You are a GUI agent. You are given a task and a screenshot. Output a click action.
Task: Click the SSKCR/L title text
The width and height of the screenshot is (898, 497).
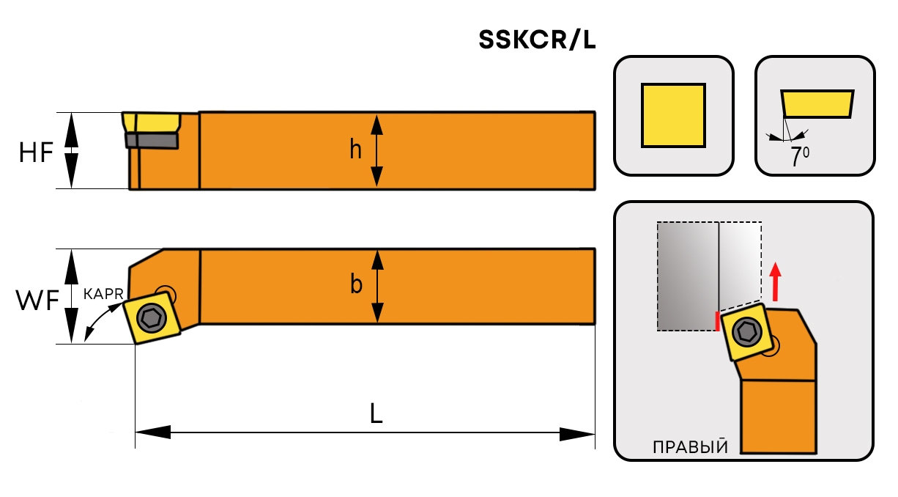pos(537,41)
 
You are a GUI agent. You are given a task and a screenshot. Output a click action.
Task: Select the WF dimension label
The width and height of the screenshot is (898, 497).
pos(37,301)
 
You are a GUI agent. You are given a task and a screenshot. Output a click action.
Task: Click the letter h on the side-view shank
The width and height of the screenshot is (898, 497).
pos(355,150)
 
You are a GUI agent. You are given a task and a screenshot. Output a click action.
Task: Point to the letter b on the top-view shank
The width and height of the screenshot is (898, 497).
pos(356,284)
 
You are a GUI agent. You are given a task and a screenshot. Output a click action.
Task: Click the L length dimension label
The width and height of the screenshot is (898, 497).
pos(375,415)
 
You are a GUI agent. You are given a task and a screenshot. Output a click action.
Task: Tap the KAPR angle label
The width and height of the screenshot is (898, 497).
pos(103,293)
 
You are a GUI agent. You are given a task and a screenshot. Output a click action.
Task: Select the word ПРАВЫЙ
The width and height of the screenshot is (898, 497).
pos(690,447)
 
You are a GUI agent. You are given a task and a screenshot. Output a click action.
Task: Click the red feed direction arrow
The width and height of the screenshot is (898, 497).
pos(776,281)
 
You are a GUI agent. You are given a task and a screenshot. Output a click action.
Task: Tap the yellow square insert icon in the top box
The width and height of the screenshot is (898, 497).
pos(673,115)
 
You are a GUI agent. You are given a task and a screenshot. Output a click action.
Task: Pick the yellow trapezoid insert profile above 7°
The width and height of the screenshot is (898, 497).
pos(817,104)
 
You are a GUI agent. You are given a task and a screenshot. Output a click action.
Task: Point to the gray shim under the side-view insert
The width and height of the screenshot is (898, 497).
pos(152,140)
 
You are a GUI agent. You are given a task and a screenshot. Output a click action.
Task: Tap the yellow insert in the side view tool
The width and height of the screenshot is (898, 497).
pos(152,122)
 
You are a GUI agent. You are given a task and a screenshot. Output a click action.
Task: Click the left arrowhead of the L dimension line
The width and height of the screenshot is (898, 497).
pos(152,433)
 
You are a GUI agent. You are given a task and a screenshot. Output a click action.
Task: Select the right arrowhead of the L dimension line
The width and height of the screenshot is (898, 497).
pos(577,433)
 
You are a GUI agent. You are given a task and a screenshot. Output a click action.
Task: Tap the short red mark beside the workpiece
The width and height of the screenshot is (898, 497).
pos(716,321)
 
